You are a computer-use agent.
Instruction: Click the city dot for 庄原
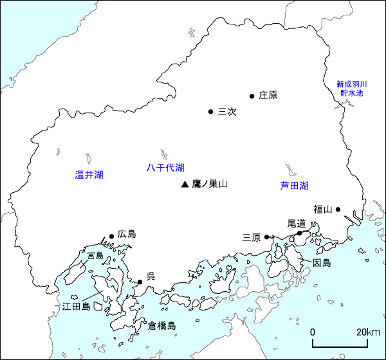tap(252, 96)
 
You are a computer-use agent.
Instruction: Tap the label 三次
tap(228, 112)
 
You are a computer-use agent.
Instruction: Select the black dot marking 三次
tap(210, 112)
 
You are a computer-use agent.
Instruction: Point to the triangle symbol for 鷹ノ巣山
tap(185, 184)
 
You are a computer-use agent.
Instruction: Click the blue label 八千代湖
tap(165, 168)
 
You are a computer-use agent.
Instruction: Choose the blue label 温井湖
tap(89, 175)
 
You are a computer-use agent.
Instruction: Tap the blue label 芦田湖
tap(294, 186)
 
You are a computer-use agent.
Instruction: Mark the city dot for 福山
tap(338, 209)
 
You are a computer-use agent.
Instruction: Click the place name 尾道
tap(297, 223)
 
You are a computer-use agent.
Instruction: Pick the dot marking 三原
tap(266, 237)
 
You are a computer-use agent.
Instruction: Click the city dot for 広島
tap(112, 236)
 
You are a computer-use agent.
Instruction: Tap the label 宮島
tap(95, 255)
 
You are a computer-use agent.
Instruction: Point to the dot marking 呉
tap(140, 282)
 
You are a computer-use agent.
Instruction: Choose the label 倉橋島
tap(161, 326)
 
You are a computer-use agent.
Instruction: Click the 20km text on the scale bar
tap(368, 332)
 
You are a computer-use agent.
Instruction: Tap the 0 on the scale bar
tap(313, 332)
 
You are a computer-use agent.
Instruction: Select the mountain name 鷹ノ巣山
tap(210, 184)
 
